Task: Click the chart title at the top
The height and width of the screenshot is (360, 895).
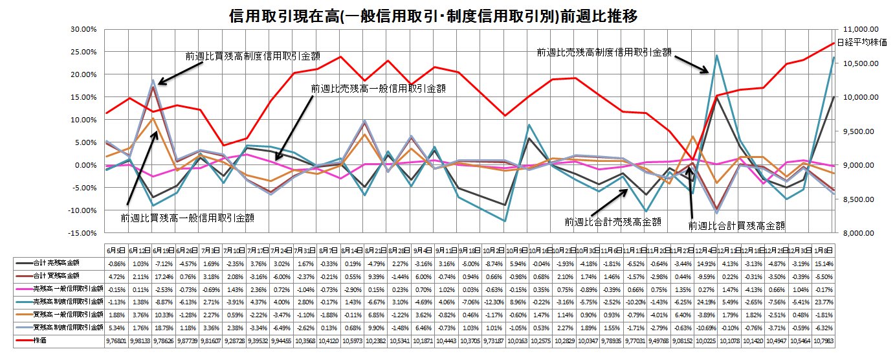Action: [x=433, y=16]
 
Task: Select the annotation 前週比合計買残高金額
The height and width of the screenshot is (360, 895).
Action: [x=736, y=226]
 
